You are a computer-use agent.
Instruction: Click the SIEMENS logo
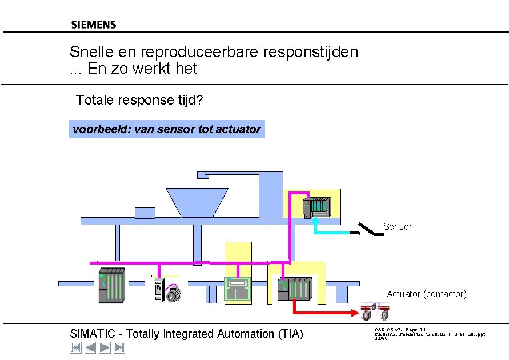(x=93, y=25)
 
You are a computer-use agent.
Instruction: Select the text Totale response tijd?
(x=139, y=101)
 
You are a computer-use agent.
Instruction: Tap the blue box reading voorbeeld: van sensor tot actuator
(x=166, y=129)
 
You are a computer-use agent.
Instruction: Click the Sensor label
(x=397, y=227)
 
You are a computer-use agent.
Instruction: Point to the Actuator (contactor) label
(x=426, y=294)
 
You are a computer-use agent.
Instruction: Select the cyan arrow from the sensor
(x=331, y=232)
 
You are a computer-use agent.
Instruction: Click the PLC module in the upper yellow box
(x=316, y=207)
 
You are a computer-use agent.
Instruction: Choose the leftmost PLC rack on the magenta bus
(x=111, y=285)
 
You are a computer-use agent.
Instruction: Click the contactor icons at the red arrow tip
(x=376, y=312)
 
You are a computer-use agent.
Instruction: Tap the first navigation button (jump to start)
(x=75, y=347)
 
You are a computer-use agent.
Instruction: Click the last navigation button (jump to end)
(x=119, y=347)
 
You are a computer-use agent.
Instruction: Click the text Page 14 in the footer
(x=415, y=330)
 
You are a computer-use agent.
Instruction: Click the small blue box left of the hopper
(x=145, y=213)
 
